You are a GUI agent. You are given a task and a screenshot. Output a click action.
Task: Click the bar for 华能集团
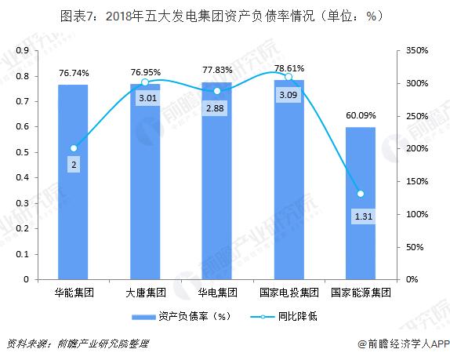point(73,181)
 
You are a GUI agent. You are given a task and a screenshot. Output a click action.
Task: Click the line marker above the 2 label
point(73,148)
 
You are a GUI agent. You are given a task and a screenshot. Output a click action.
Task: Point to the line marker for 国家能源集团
point(361,194)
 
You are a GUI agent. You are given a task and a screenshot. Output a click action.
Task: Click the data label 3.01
point(145,98)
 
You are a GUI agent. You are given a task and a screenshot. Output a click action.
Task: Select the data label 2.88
point(217,107)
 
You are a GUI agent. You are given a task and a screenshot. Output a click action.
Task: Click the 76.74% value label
point(73,73)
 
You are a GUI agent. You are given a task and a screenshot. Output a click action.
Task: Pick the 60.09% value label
point(361,115)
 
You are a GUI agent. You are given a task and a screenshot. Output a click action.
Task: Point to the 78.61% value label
point(289,68)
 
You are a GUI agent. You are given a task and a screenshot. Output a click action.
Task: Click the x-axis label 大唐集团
point(145,293)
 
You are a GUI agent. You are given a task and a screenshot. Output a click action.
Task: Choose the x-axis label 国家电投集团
point(289,293)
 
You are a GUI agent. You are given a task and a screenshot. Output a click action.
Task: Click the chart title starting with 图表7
point(226,15)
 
